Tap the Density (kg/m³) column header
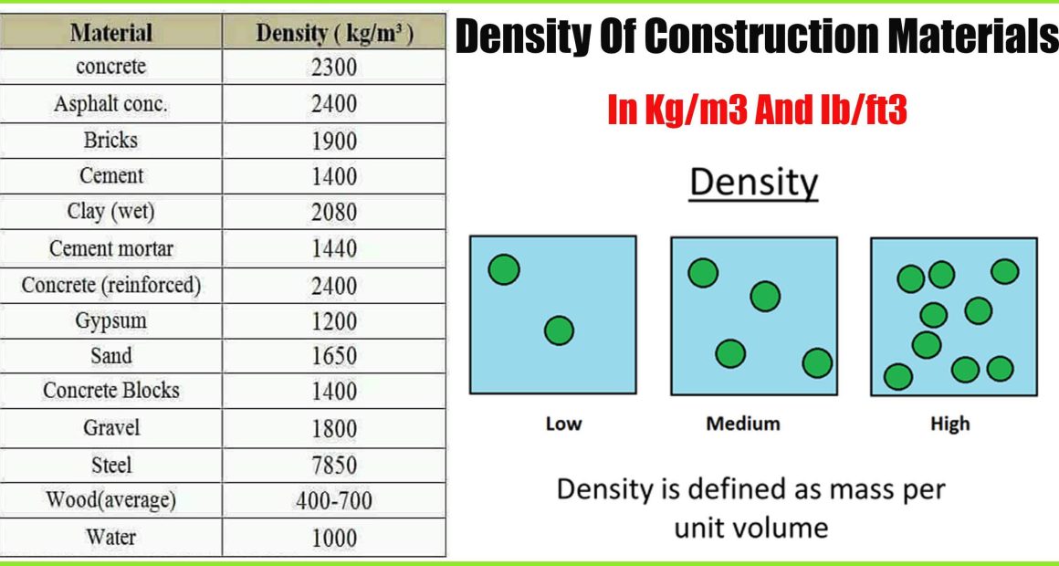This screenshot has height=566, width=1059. click(x=334, y=34)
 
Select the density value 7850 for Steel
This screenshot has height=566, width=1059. click(x=333, y=466)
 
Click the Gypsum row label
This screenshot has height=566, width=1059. click(x=110, y=320)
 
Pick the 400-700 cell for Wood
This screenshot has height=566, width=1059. click(x=333, y=501)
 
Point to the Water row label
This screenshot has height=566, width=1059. click(x=110, y=537)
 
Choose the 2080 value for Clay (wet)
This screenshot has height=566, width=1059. click(x=333, y=213)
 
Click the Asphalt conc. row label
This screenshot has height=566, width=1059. click(x=110, y=104)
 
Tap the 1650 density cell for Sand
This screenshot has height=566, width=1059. click(x=333, y=356)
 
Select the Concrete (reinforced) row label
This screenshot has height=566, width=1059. click(x=110, y=285)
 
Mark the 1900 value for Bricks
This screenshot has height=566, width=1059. click(x=333, y=141)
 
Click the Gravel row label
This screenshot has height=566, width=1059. click(x=110, y=427)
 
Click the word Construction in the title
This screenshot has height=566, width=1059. click(x=770, y=37)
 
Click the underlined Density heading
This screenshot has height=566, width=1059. click(x=753, y=183)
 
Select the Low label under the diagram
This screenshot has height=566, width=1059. click(x=564, y=424)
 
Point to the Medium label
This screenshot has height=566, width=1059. click(x=743, y=424)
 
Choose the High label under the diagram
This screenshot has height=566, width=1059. click(x=950, y=424)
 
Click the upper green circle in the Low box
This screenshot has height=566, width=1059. click(x=504, y=269)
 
